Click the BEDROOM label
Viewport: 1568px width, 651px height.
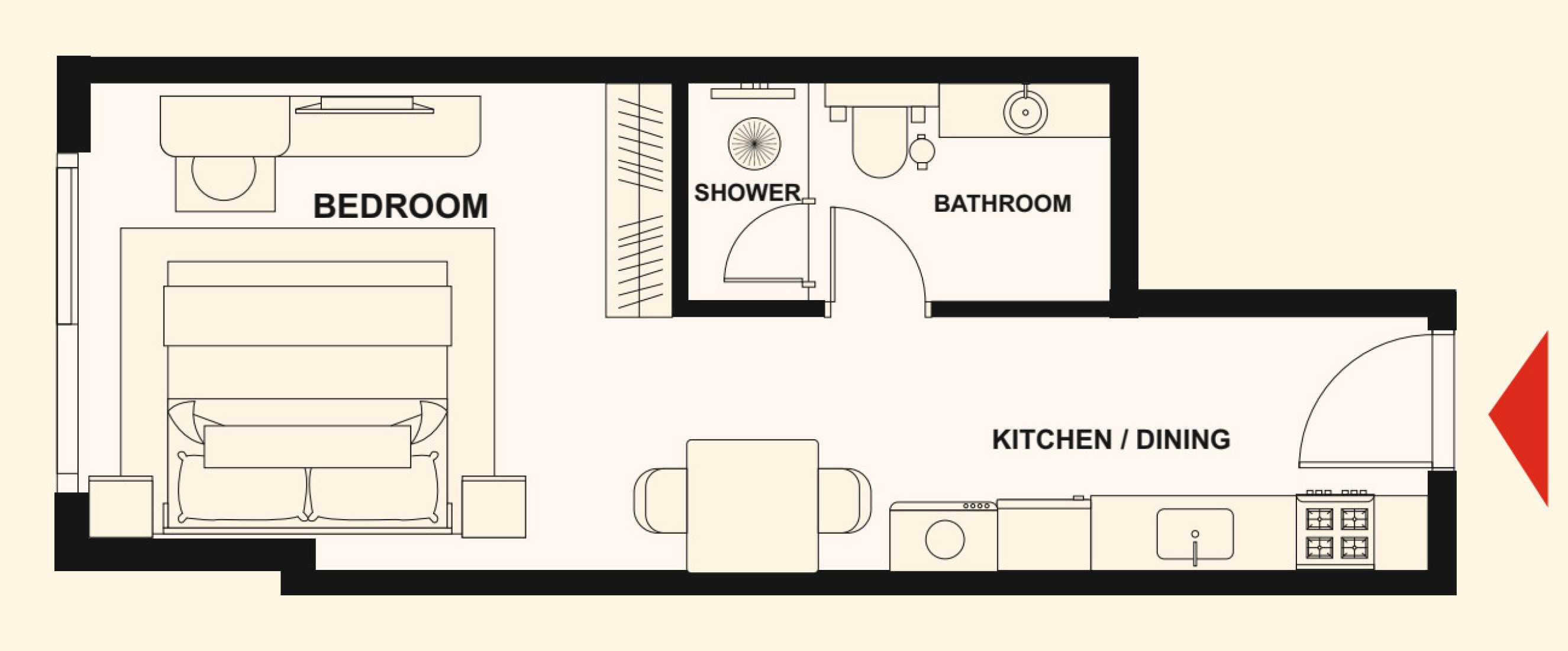tap(401, 206)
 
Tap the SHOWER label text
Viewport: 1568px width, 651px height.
tap(747, 192)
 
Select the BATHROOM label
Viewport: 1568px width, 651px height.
tap(1002, 204)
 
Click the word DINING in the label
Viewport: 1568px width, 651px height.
tap(1183, 439)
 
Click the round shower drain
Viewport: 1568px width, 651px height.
tap(754, 144)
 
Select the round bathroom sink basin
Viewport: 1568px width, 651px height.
tap(1025, 112)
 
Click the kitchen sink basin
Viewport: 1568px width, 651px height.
tap(1195, 534)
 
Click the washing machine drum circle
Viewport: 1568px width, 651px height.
tap(945, 539)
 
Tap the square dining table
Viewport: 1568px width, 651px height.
tap(753, 505)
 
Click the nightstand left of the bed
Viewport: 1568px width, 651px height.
tap(121, 507)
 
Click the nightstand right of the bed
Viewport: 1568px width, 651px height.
tap(493, 507)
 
